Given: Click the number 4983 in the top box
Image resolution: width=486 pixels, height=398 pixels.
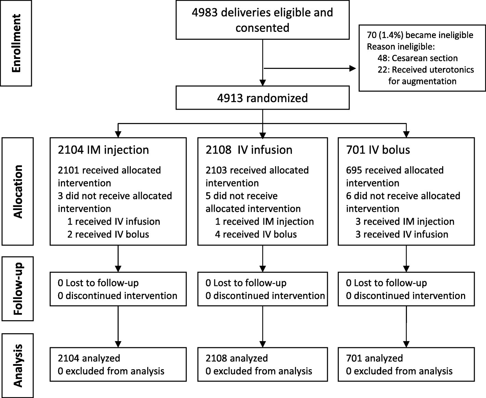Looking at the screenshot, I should (x=205, y=13).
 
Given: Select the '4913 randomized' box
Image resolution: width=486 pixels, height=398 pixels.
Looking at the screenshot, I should (x=263, y=98).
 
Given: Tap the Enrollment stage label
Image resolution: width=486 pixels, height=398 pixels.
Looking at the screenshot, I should (x=16, y=43).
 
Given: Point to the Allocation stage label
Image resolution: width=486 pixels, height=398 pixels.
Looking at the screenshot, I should (x=17, y=191).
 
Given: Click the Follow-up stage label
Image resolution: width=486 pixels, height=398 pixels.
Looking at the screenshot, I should (x=17, y=288).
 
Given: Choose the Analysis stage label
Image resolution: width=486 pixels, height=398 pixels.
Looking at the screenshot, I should (x=17, y=365).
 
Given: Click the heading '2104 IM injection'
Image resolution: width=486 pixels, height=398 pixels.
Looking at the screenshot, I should (x=103, y=150).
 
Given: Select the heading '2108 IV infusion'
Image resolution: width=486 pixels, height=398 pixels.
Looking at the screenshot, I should (x=249, y=150).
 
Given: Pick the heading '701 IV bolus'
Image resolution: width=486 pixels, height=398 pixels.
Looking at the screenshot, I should (x=378, y=150).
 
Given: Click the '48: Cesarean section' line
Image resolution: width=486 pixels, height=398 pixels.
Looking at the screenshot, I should (x=418, y=58).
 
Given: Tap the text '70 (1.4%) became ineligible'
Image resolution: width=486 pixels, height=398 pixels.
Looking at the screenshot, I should (x=420, y=35).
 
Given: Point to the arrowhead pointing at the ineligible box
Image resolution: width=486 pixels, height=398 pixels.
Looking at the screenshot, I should (x=353, y=69).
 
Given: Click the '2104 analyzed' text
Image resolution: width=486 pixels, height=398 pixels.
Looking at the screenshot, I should (x=89, y=358).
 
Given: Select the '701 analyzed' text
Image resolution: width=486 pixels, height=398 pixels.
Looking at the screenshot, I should (x=374, y=358).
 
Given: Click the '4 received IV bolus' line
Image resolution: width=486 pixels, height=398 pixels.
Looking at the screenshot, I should (x=256, y=234).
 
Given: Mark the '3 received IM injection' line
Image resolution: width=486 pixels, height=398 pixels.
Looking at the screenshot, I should (x=405, y=222).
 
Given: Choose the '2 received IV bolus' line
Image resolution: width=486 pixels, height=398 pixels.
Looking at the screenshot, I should (x=108, y=234).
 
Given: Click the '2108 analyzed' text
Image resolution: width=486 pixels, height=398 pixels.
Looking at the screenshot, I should (x=237, y=358).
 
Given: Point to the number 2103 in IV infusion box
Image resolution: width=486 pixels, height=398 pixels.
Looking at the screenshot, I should (x=215, y=170).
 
